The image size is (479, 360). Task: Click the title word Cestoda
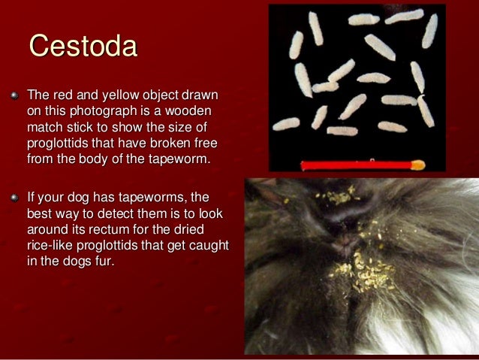[x=83, y=46]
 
